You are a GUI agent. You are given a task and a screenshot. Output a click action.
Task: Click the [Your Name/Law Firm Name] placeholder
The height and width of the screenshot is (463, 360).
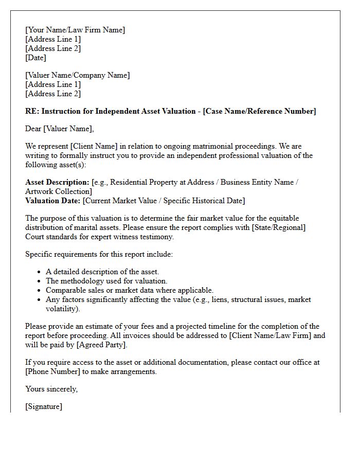(75, 30)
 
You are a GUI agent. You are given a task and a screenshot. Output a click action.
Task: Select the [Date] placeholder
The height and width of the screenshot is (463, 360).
(35, 58)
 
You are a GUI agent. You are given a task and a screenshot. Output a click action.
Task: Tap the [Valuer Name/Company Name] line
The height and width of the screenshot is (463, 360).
(78, 75)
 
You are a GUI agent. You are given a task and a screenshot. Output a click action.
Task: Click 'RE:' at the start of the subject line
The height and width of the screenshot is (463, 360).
(32, 111)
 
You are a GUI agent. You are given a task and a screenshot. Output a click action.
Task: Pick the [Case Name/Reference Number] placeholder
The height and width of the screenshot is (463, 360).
(260, 111)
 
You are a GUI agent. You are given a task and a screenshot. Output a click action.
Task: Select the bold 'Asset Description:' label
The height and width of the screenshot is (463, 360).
(57, 182)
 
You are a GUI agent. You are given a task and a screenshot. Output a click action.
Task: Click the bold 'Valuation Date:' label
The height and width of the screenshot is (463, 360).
(52, 201)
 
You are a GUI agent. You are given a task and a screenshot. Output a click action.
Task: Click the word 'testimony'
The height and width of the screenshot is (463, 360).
(157, 237)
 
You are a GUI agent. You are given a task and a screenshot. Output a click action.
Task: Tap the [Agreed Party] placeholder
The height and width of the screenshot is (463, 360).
(101, 345)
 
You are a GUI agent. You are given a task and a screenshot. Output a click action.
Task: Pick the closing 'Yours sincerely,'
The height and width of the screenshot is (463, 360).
(51, 389)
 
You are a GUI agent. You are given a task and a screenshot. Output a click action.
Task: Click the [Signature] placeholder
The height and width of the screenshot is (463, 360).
(44, 406)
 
